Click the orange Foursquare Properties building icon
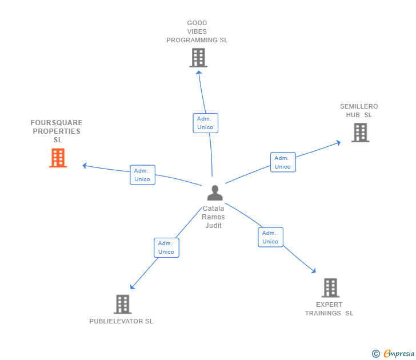[58, 158]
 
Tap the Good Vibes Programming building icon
[198, 58]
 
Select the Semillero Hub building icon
[360, 133]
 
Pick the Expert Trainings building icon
[330, 287]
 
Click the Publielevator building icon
[122, 304]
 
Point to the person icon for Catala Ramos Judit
[214, 193]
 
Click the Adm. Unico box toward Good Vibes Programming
[205, 123]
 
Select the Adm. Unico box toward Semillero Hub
[282, 162]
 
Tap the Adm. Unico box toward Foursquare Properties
[142, 175]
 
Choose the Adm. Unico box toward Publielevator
[166, 247]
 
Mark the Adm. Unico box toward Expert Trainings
[270, 237]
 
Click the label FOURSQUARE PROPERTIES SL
[57, 131]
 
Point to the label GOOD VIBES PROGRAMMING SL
[197, 32]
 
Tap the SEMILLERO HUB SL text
[359, 110]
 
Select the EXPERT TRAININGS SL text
[329, 309]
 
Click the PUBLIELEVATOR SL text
[121, 321]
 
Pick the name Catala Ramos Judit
[214, 217]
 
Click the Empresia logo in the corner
[393, 354]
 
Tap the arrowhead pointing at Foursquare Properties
[85, 166]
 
